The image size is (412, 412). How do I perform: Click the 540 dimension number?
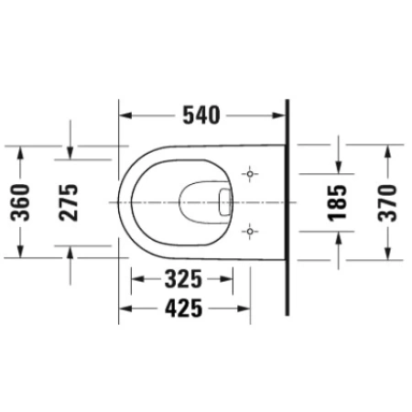tap(201, 115)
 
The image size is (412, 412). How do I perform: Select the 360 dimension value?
tap(20, 202)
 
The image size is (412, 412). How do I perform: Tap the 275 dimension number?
tap(69, 202)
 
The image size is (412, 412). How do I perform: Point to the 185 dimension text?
tap(337, 202)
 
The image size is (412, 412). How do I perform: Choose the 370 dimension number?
tap(387, 202)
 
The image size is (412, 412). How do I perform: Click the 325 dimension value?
tap(183, 279)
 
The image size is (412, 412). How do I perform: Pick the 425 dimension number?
tap(184, 309)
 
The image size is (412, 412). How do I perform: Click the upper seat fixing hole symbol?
tap(250, 174)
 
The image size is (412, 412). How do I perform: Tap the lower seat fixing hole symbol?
tap(250, 232)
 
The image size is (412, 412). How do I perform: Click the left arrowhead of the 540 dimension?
tap(125, 115)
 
